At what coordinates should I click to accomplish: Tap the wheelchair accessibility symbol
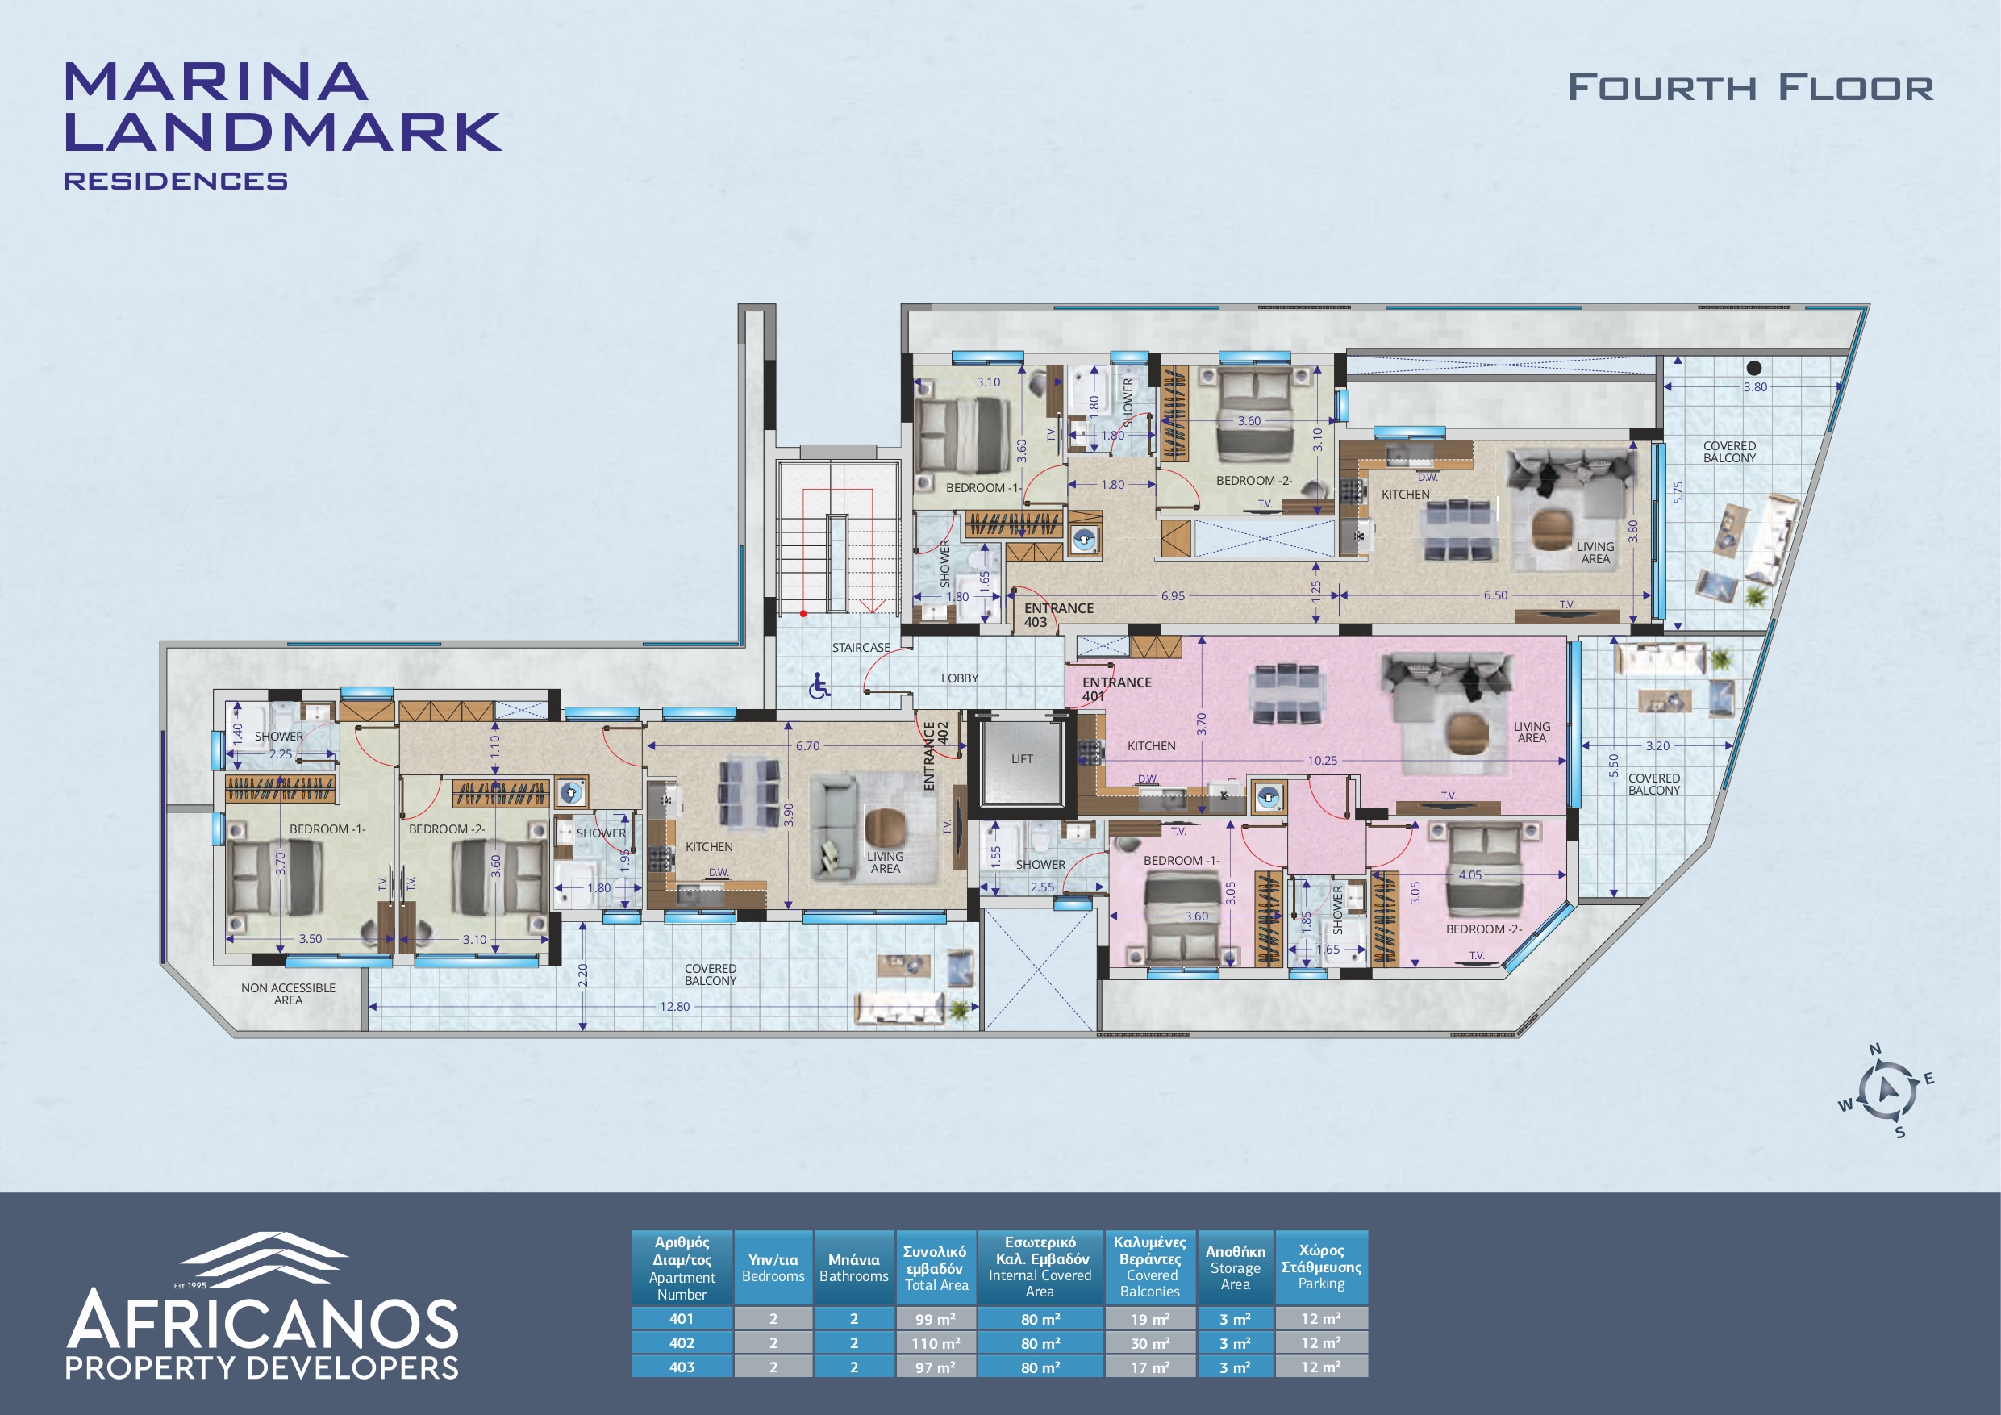coord(819,687)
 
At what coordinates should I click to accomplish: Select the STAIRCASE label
coord(861,648)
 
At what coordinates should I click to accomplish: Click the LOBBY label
coord(960,678)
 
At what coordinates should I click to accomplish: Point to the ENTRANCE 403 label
coord(1058,615)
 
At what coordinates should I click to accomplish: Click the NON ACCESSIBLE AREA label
coord(289,994)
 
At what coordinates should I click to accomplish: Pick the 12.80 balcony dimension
coord(674,1006)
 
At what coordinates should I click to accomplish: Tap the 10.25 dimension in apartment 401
coord(1322,760)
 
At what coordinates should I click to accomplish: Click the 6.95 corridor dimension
coord(1173,596)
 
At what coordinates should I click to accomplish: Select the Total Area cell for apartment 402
coord(936,1343)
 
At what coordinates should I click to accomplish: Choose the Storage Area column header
coord(1235,1267)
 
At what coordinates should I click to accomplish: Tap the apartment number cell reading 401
coord(682,1318)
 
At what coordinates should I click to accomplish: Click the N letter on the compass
coord(1874,1050)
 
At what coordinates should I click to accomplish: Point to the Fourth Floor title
coord(1750,87)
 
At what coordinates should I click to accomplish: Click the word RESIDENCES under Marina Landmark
coord(175,181)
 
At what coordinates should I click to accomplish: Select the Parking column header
coord(1321,1267)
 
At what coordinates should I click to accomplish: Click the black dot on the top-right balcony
coord(1754,368)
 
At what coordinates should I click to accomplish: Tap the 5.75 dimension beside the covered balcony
coord(1678,493)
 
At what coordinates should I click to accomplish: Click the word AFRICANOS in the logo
coord(262,1322)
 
